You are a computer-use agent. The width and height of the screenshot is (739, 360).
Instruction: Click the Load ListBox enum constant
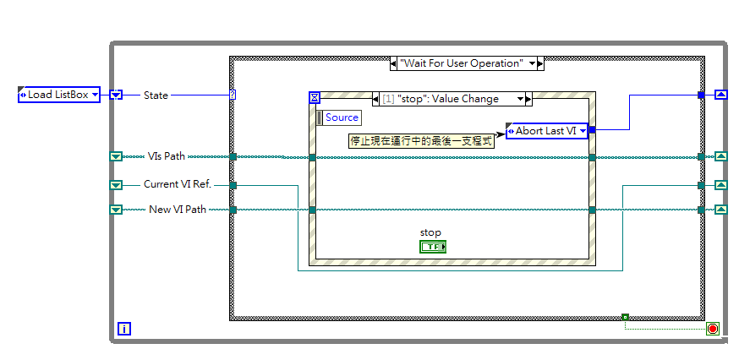point(59,95)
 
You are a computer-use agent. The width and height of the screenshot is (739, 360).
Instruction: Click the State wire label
point(156,95)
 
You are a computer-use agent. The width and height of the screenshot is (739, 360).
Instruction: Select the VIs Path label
point(167,156)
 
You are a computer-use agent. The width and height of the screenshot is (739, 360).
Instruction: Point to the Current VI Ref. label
point(177,184)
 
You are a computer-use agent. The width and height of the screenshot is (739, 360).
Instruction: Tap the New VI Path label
point(178,210)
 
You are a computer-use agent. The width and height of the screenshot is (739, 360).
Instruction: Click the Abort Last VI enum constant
point(546,130)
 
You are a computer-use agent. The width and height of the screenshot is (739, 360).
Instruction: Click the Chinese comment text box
point(421,141)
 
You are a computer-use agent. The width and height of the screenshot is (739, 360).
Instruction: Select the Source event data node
point(339,117)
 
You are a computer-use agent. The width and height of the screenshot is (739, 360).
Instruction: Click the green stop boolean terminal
point(432,247)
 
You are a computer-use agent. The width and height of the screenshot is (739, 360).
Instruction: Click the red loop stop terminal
point(712,329)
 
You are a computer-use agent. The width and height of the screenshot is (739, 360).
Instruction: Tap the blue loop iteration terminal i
point(124,329)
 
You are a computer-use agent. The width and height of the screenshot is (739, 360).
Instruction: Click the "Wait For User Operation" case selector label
point(467,63)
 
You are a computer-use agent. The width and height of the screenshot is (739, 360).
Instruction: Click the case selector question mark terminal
point(233,95)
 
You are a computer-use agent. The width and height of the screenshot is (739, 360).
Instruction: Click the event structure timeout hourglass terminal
point(315,98)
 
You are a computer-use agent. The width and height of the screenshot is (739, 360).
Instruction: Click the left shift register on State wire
point(117,95)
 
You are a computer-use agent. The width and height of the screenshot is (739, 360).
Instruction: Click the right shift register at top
point(720,95)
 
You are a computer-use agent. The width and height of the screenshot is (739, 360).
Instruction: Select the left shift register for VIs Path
point(117,156)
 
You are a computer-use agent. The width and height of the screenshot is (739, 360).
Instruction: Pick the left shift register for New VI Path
point(117,210)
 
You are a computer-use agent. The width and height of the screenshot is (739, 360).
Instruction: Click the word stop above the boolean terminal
point(430,232)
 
